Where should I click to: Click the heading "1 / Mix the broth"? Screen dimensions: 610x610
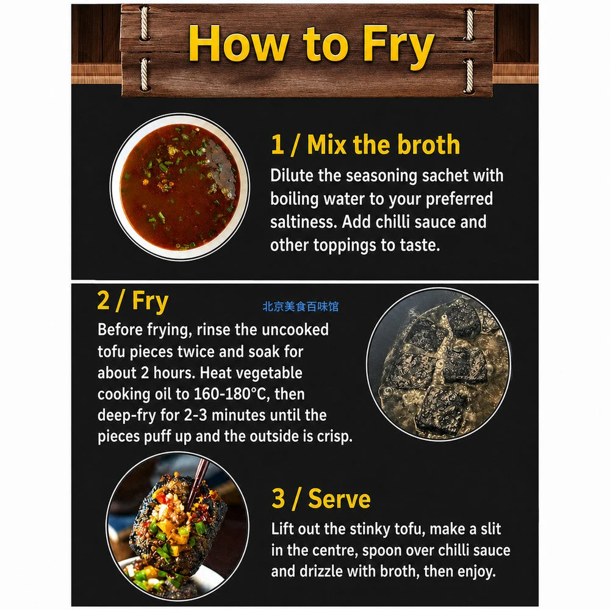365,145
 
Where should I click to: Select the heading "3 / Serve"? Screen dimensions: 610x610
321,498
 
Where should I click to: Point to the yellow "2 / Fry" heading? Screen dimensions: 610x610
132,301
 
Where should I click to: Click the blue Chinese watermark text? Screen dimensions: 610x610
300,307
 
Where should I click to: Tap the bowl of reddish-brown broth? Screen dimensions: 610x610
180,187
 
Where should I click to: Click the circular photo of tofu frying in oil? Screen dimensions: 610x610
439,365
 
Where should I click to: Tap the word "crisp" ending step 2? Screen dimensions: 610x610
334,437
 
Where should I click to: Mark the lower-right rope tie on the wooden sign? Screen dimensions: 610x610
468,75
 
